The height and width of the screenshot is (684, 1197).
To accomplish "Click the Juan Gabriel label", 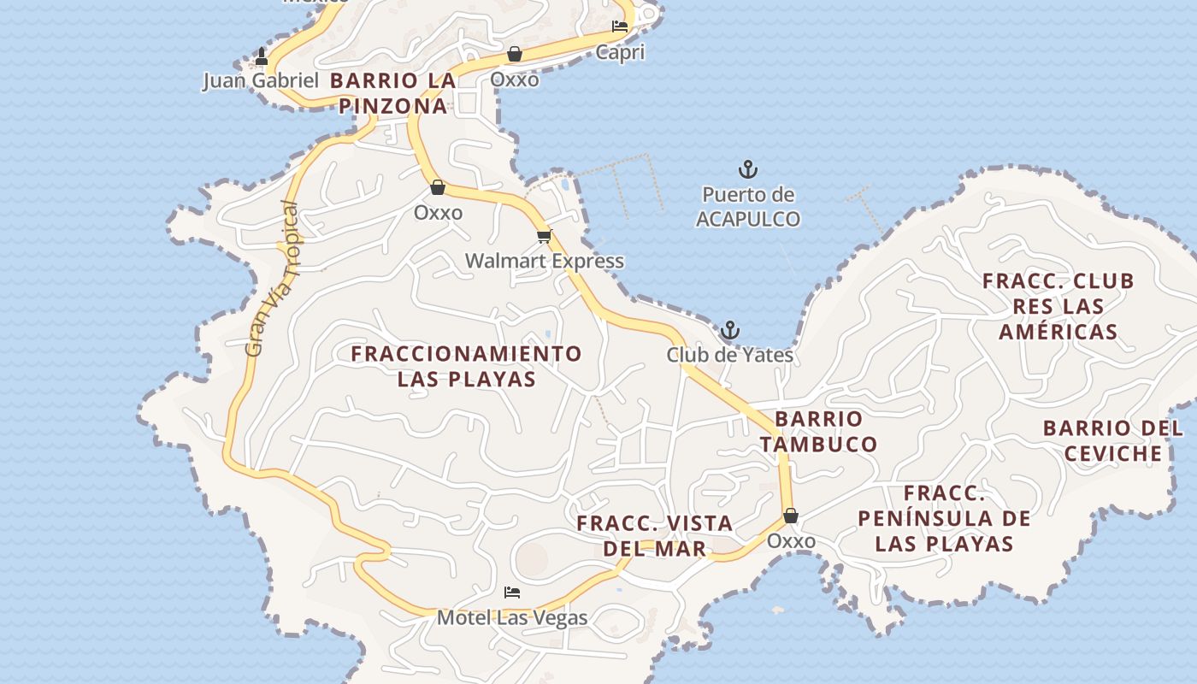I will (261, 81).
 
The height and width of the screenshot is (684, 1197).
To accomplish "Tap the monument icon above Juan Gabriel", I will (262, 57).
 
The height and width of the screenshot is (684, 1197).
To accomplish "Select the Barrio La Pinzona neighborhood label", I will (392, 93).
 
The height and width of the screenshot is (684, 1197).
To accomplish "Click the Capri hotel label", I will (620, 52).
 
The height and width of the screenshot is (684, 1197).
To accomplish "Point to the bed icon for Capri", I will (620, 27).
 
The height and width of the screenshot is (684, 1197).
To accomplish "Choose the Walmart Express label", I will (545, 261).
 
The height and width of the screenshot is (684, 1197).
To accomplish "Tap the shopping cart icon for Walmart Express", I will (544, 236).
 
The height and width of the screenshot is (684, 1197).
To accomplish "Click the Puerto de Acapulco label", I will (748, 207).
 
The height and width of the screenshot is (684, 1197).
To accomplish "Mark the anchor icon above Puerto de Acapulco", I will (748, 168).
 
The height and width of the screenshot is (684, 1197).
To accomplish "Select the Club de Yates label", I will (730, 354).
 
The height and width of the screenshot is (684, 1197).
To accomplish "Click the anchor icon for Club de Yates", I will (729, 330).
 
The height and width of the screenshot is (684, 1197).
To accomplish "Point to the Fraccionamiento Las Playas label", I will (467, 366).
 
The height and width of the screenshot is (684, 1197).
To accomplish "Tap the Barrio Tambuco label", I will (819, 432).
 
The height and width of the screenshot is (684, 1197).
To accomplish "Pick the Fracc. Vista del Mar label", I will (655, 536).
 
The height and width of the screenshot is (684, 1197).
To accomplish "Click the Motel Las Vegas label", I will (512, 617).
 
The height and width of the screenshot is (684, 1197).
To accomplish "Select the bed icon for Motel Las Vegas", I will (512, 592).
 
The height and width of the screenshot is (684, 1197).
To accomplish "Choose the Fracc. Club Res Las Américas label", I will (1058, 306).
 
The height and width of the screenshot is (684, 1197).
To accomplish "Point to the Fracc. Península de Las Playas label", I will (945, 518).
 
